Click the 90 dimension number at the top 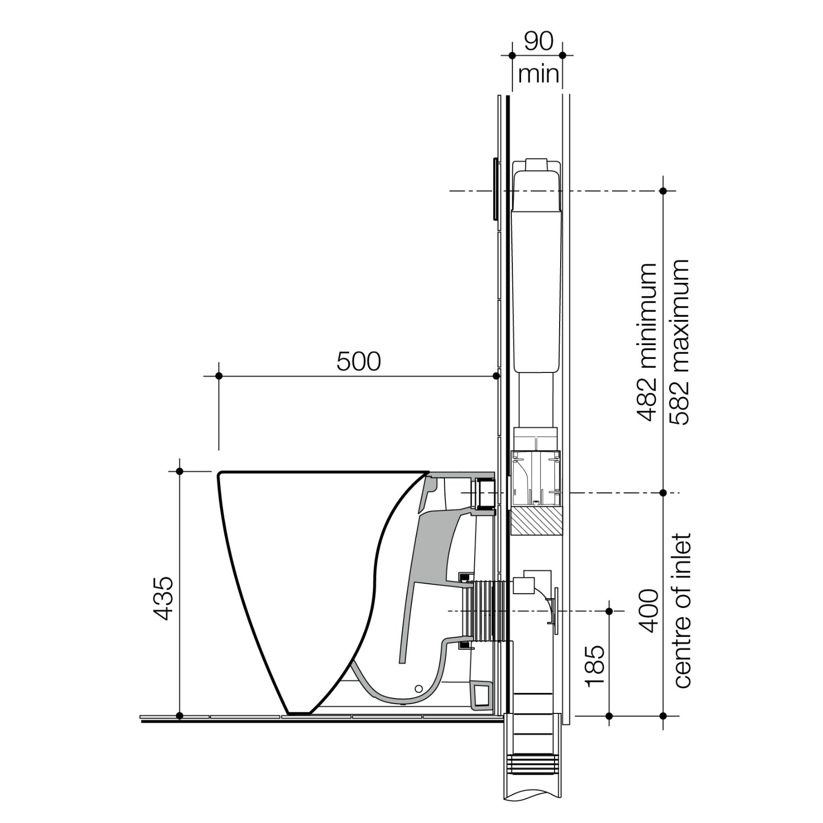pyautogui.click(x=538, y=42)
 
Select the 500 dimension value pyautogui.click(x=359, y=362)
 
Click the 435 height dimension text pyautogui.click(x=164, y=598)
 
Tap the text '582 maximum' pyautogui.click(x=678, y=342)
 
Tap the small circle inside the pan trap pyautogui.click(x=418, y=688)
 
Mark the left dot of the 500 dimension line pyautogui.click(x=219, y=377)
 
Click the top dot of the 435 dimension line pyautogui.click(x=180, y=471)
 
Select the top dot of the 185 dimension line pyautogui.click(x=609, y=611)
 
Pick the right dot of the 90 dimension pyautogui.click(x=562, y=55)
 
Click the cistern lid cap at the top pyautogui.click(x=537, y=164)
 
